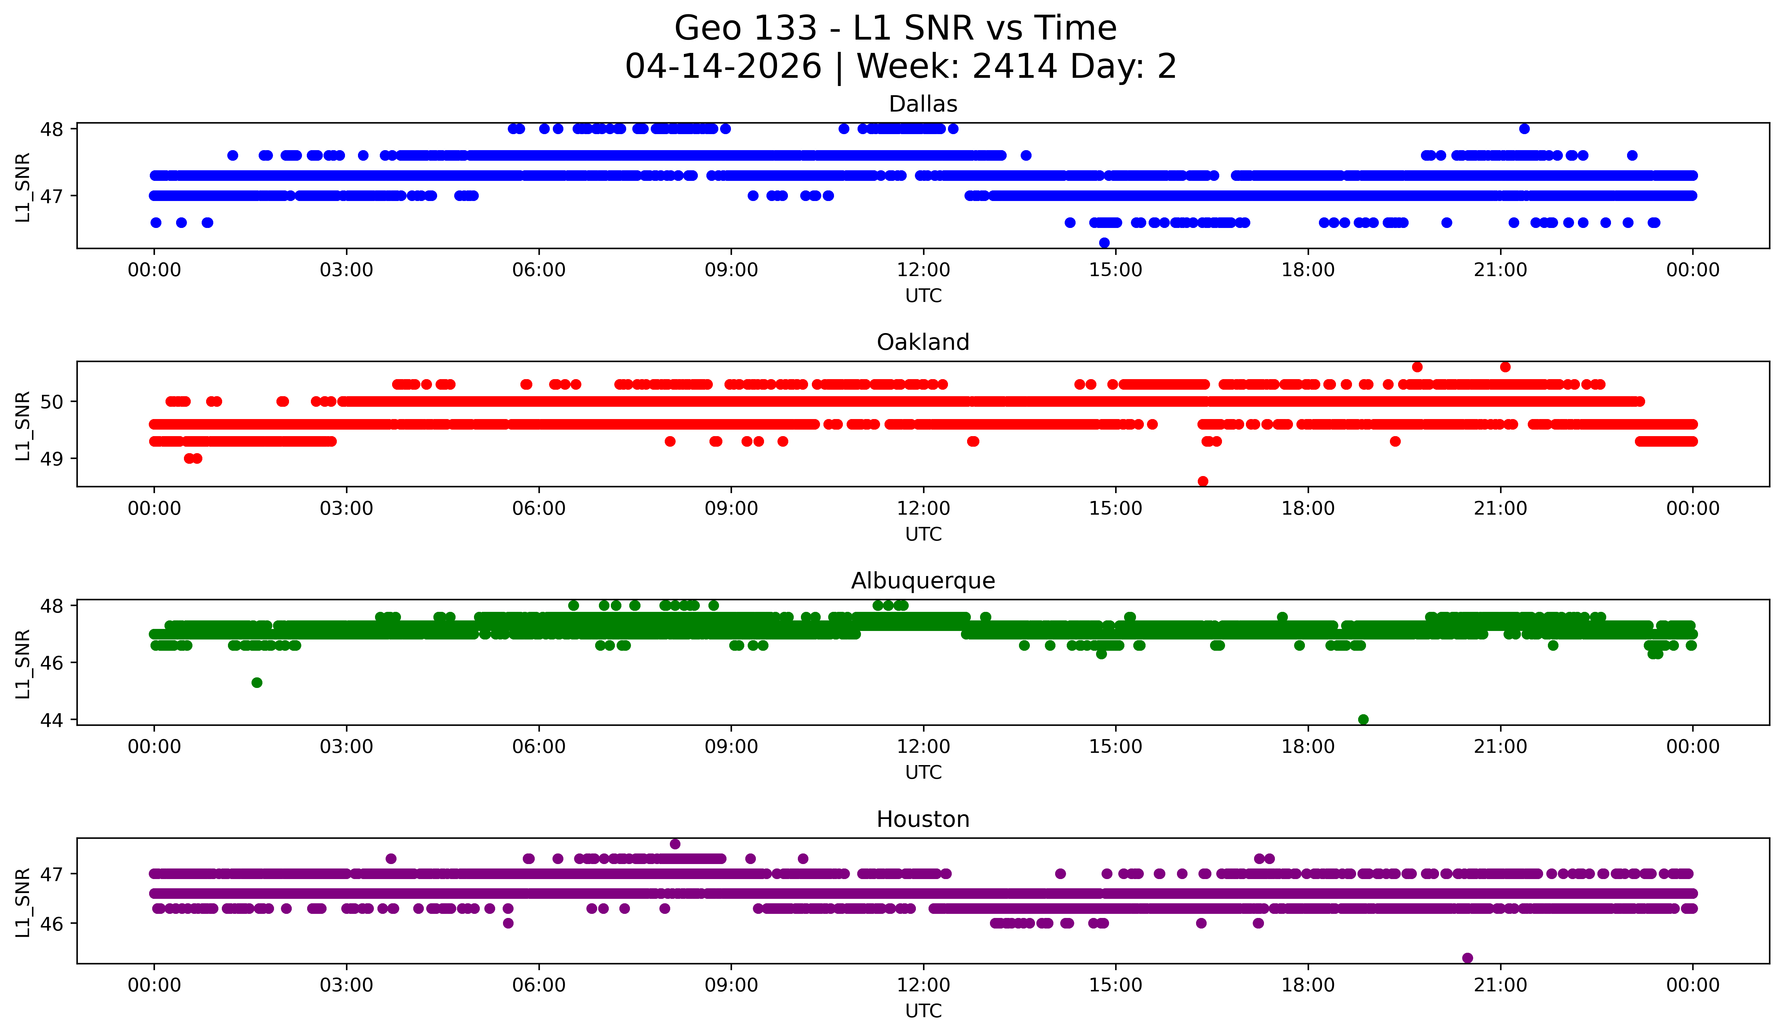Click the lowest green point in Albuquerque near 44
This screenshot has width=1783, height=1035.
[x=1363, y=719]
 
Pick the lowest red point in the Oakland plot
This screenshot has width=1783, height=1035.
[x=1203, y=481]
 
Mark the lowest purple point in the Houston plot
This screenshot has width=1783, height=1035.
[x=1467, y=958]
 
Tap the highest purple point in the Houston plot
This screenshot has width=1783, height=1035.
[x=675, y=844]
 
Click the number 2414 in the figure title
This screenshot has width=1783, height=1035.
[x=1015, y=67]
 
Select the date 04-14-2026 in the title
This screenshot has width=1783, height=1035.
[x=723, y=67]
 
